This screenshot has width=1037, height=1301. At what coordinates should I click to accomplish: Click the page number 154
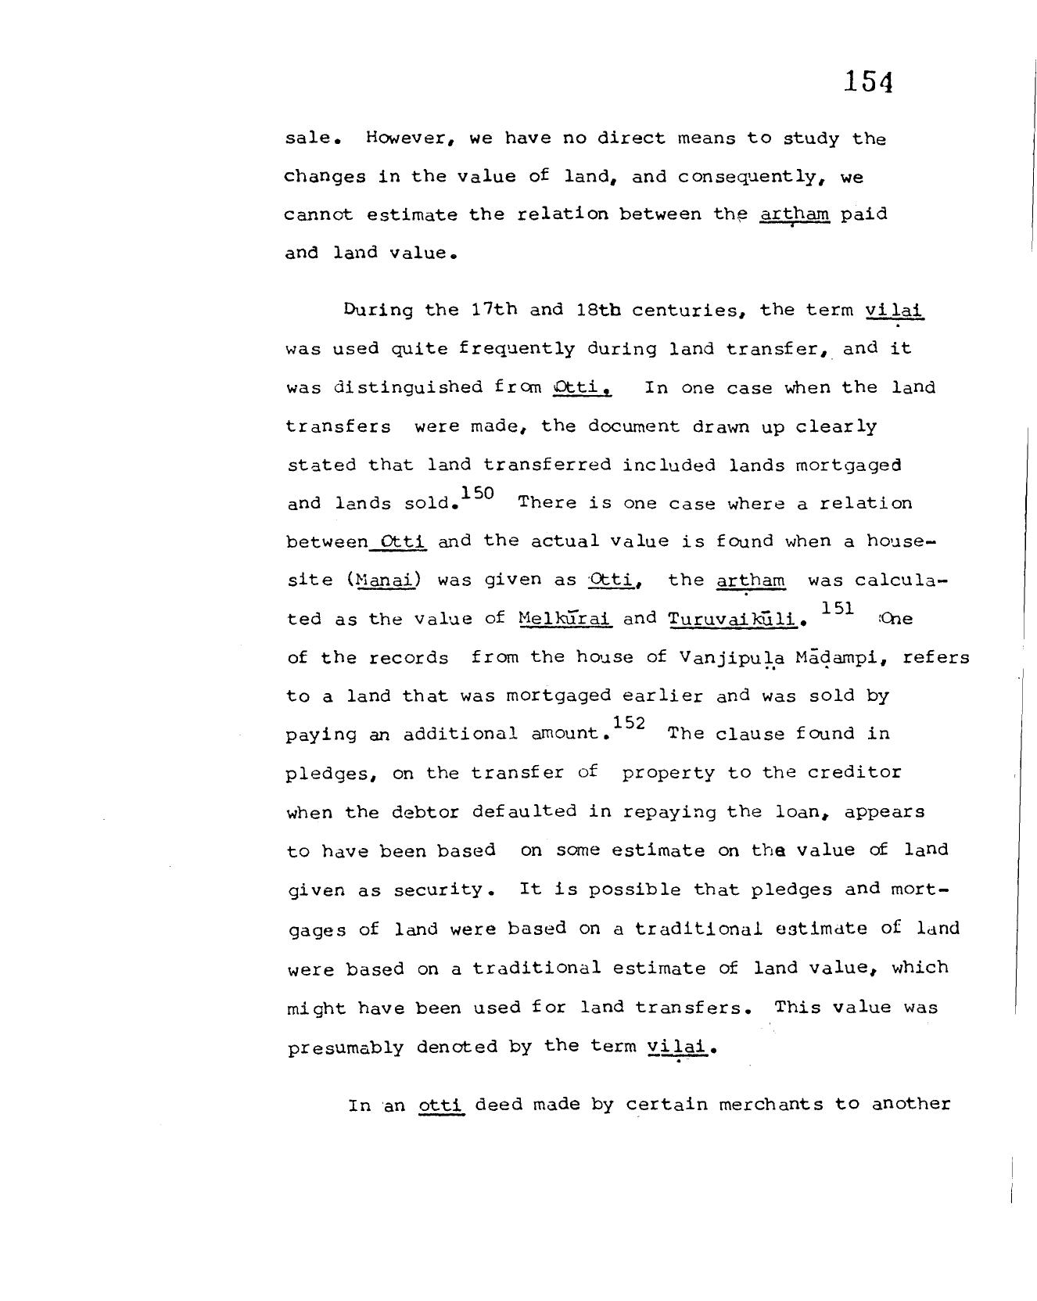tap(868, 81)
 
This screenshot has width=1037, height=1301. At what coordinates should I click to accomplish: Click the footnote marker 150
tap(478, 493)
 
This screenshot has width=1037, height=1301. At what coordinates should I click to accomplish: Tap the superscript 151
tap(837, 608)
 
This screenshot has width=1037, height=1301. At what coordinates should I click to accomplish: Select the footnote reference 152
tap(630, 724)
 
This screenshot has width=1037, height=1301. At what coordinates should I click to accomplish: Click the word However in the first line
tap(411, 139)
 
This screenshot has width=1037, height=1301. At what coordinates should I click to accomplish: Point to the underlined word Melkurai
tap(565, 618)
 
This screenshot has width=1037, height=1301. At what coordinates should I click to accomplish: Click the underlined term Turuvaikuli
tap(733, 618)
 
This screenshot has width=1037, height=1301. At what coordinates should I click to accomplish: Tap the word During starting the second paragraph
tap(378, 310)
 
